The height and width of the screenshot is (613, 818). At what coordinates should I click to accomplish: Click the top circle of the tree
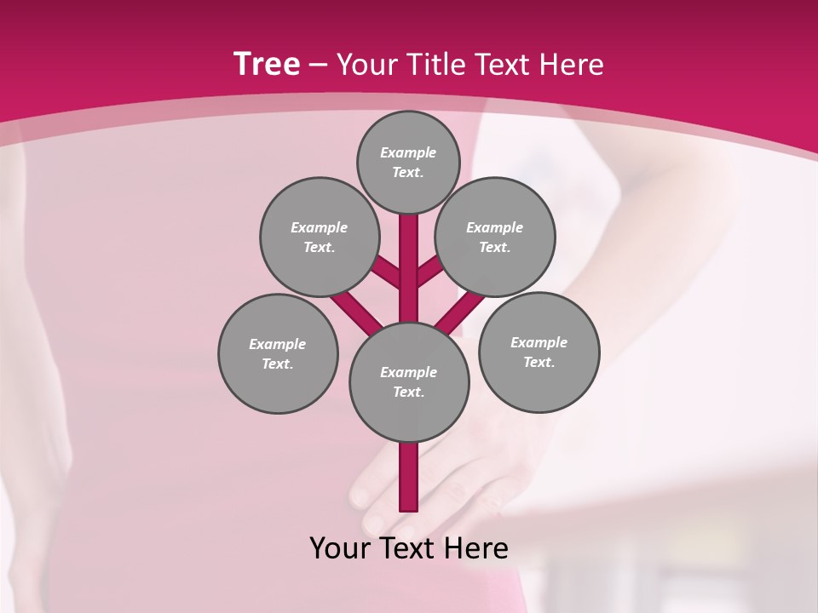(x=408, y=162)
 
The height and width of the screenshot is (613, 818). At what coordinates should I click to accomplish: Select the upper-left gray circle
(x=320, y=237)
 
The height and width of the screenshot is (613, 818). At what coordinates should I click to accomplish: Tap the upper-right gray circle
(x=495, y=237)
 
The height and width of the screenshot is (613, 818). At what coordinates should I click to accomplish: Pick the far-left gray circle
(x=278, y=353)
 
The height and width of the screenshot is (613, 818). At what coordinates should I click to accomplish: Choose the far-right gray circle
(x=539, y=352)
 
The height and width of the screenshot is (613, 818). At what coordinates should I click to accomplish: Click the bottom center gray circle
(x=409, y=381)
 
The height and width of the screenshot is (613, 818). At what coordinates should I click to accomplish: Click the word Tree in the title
(x=267, y=64)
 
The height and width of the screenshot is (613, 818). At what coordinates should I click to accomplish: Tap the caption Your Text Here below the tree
(x=408, y=548)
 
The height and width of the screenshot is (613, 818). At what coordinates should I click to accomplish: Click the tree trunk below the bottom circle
(x=409, y=477)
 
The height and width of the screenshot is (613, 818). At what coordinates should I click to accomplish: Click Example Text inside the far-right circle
(x=539, y=352)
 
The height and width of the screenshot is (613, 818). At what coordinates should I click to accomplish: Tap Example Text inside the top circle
(x=408, y=162)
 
